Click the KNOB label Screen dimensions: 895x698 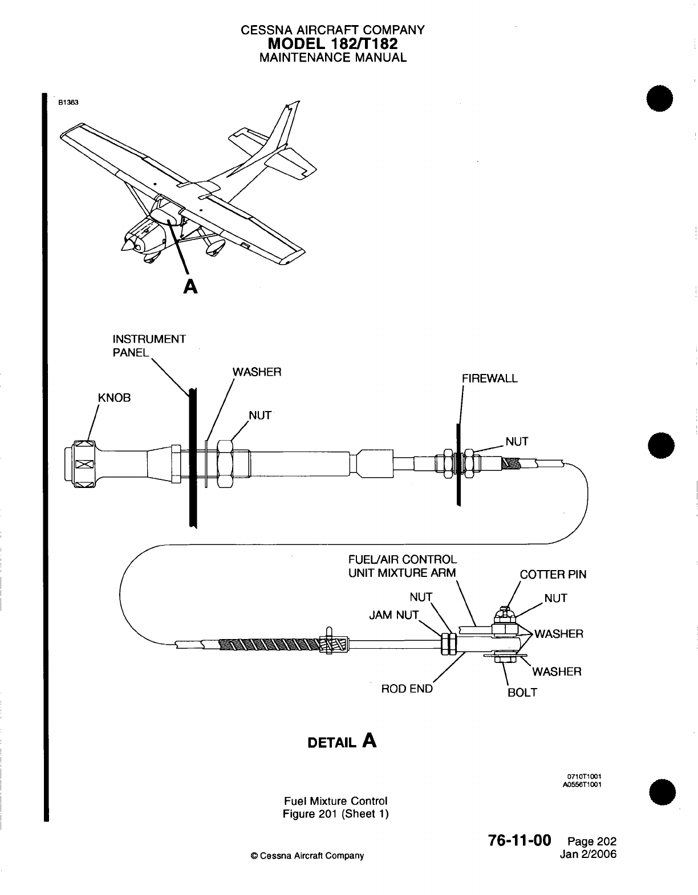point(115,398)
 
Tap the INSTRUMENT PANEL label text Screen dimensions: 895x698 point(149,346)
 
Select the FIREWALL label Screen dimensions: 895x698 point(490,379)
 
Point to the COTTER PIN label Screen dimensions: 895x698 point(553,575)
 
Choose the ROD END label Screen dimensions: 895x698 point(407,689)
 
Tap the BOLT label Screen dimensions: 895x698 point(522,693)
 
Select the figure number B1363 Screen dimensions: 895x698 point(67,103)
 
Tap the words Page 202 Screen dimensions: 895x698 point(592,842)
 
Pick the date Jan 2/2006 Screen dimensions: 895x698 point(589,855)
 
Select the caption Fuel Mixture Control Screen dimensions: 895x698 point(335,801)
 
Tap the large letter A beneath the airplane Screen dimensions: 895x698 point(191,287)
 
